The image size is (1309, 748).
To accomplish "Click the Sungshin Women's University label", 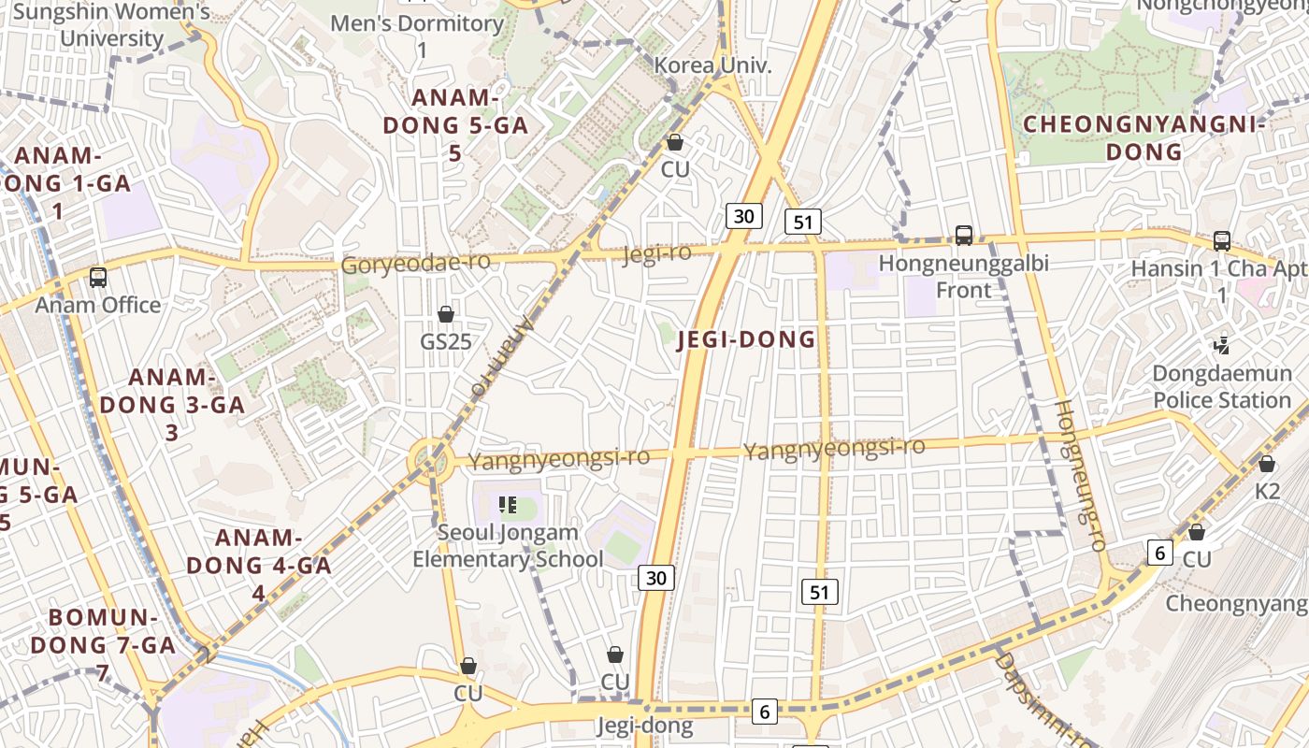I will pyautogui.click(x=112, y=25).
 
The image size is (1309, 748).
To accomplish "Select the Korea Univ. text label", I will pyautogui.click(x=712, y=66).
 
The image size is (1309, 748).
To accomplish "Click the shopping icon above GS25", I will pyautogui.click(x=446, y=313).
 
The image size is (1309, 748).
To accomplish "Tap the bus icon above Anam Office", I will pyautogui.click(x=98, y=277).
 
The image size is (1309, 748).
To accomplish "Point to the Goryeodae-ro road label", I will pyautogui.click(x=415, y=263).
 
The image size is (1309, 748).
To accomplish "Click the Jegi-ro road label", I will pyautogui.click(x=657, y=253).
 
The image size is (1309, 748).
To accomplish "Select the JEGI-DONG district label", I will pyautogui.click(x=746, y=339).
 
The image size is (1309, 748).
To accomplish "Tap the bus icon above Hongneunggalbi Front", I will pyautogui.click(x=964, y=236).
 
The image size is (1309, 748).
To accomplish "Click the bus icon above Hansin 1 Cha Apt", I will pyautogui.click(x=1221, y=240).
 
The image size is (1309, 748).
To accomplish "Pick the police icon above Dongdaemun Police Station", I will pyautogui.click(x=1221, y=346).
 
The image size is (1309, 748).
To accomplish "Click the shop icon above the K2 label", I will pyautogui.click(x=1267, y=463).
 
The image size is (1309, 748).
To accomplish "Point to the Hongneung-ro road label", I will pyautogui.click(x=1081, y=474).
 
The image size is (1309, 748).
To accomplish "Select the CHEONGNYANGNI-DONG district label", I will pyautogui.click(x=1144, y=137).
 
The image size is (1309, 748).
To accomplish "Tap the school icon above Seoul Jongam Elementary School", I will pyautogui.click(x=508, y=506).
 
